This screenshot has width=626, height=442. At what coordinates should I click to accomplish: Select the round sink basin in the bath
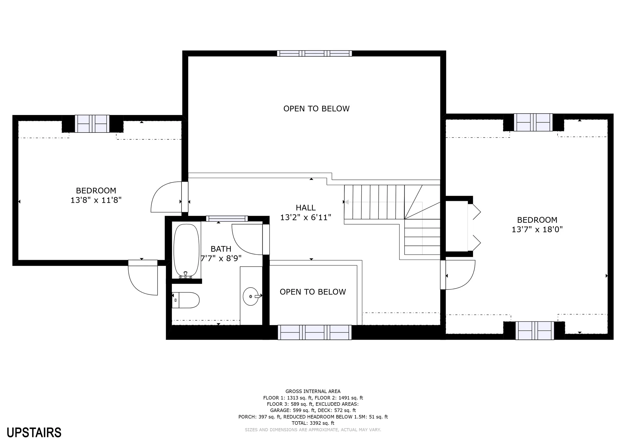pyautogui.click(x=251, y=296)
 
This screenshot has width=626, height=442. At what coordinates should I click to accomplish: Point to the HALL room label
pyautogui.click(x=306, y=208)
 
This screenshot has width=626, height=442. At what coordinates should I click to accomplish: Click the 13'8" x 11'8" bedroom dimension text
pyautogui.click(x=96, y=200)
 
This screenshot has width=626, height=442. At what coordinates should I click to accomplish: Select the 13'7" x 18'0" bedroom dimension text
pyautogui.click(x=537, y=229)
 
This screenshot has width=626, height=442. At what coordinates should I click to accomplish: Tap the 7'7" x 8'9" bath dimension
pyautogui.click(x=221, y=258)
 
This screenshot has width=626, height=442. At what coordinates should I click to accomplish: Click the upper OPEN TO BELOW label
pyautogui.click(x=316, y=108)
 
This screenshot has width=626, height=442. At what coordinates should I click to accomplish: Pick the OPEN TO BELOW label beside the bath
pyautogui.click(x=313, y=292)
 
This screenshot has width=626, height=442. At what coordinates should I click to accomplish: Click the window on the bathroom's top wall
pyautogui.click(x=227, y=218)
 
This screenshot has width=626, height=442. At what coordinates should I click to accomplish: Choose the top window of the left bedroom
pyautogui.click(x=92, y=123)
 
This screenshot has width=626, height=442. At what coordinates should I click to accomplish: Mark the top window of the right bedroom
pyautogui.click(x=533, y=122)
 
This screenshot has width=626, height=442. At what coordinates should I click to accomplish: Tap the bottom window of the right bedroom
pyautogui.click(x=535, y=330)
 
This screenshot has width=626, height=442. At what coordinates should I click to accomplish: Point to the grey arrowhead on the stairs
pyautogui.click(x=347, y=202)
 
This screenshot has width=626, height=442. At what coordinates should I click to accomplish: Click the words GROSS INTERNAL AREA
pyautogui.click(x=313, y=391)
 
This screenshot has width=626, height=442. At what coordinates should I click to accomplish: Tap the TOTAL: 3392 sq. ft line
pyautogui.click(x=313, y=423)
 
